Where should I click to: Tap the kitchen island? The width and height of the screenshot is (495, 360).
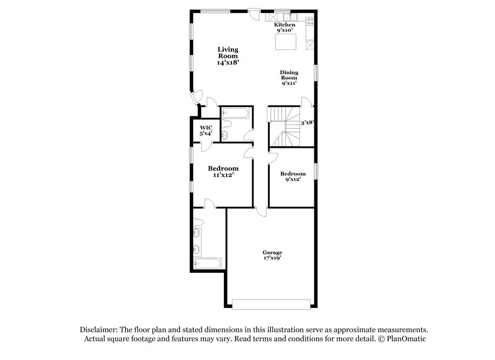tap(286, 42)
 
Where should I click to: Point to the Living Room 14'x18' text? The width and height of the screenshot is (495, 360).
tap(228, 56)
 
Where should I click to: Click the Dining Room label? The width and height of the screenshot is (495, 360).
tap(289, 75)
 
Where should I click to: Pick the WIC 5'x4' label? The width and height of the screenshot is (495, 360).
tap(206, 131)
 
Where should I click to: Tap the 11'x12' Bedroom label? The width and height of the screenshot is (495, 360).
tap(223, 172)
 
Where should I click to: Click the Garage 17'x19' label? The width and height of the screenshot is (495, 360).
tap(272, 255)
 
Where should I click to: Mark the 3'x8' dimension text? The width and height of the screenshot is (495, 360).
tap(308, 123)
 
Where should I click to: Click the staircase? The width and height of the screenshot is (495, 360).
tap(283, 127)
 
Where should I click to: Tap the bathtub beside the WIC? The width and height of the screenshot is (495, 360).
tap(236, 114)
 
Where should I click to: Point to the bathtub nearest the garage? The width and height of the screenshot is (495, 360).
tap(208, 264)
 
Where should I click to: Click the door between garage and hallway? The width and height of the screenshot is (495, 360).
tap(261, 211)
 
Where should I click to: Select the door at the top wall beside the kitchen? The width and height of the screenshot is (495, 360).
tap(254, 13)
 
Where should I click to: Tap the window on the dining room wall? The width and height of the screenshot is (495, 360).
tap(316, 72)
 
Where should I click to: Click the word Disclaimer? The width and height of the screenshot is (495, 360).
tap(99, 330)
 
